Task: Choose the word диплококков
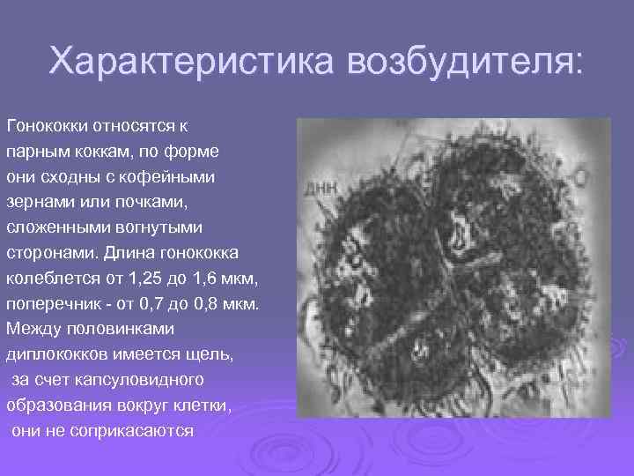[x=55, y=355]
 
